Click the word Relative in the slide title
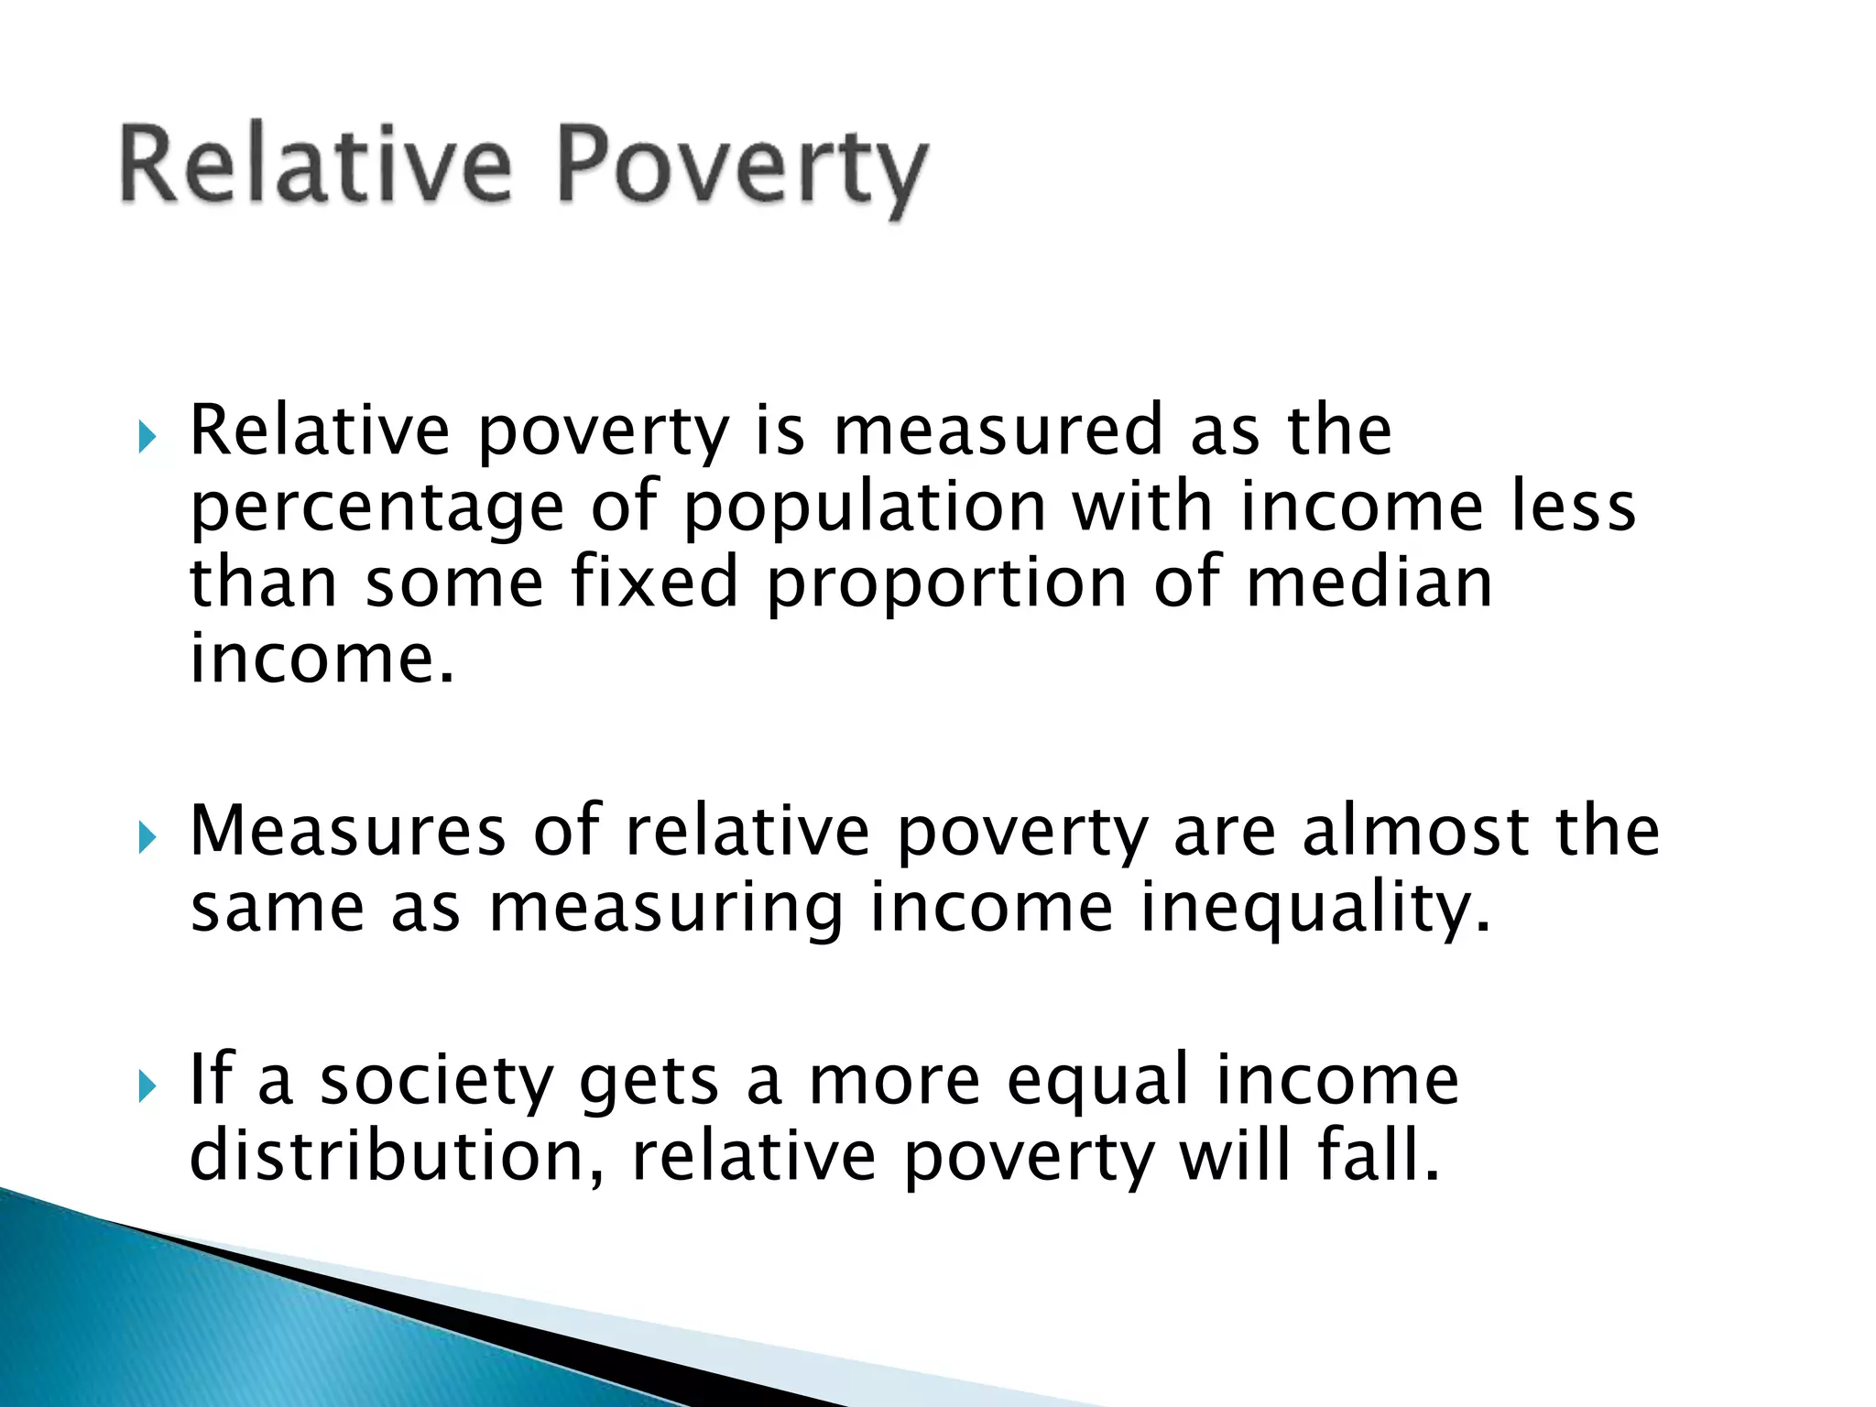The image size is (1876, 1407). [314, 165]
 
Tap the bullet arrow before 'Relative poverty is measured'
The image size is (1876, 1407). [147, 437]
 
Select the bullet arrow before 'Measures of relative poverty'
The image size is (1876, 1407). [147, 837]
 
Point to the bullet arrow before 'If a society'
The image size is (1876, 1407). [147, 1087]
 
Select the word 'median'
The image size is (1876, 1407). [1369, 584]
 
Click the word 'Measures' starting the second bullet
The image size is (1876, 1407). [348, 831]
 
